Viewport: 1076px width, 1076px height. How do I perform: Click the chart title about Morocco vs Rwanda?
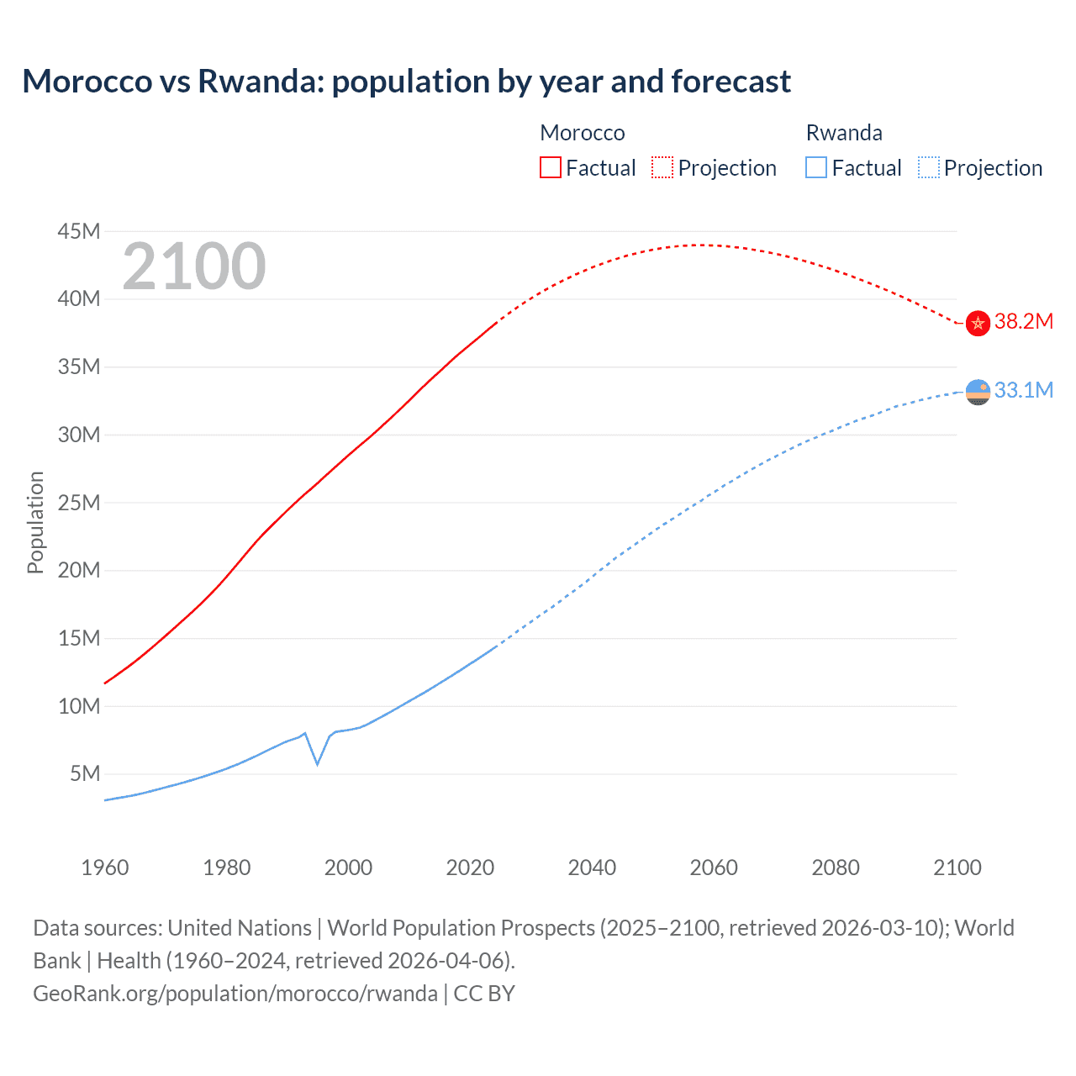[x=406, y=82]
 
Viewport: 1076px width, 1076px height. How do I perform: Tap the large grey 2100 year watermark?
[x=194, y=266]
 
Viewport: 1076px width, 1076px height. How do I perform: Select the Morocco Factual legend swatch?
[x=550, y=167]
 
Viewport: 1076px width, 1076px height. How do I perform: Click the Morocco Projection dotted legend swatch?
[x=662, y=167]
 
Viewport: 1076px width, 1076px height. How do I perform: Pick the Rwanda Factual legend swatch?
[x=815, y=167]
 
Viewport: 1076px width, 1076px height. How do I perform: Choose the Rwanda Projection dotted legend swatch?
[x=929, y=167]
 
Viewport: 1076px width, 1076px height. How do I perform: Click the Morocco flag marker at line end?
[x=978, y=323]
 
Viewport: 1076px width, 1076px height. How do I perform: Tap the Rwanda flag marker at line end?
[x=978, y=392]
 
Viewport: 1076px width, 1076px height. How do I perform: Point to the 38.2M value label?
[x=1023, y=322]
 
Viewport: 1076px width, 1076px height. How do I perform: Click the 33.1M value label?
[x=1023, y=390]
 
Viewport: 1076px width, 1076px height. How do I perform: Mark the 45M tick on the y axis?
[x=79, y=231]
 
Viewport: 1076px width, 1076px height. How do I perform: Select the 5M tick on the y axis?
[x=85, y=773]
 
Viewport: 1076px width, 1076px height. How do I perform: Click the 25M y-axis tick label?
[x=79, y=503]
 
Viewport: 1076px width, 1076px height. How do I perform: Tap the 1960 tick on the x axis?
[x=105, y=868]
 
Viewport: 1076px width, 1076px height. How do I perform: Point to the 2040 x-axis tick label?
[x=592, y=868]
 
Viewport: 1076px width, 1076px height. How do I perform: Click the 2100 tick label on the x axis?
[x=957, y=868]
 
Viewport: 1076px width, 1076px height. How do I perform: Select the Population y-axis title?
[x=35, y=522]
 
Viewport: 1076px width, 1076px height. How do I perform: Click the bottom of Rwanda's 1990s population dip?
[x=317, y=764]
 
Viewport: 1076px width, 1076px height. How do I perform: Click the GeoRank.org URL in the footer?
[x=235, y=994]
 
